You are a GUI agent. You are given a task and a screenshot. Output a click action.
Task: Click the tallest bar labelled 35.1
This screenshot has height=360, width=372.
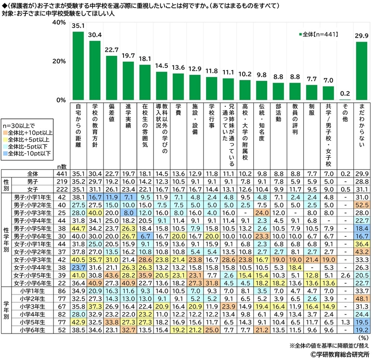pos(78,66)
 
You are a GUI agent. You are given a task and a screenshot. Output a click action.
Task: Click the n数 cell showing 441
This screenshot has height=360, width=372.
pos(61,173)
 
